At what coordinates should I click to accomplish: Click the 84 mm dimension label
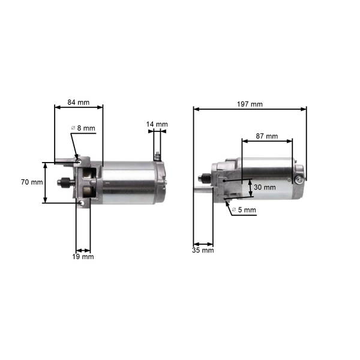click(78, 103)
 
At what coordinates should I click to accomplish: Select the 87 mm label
click(267, 136)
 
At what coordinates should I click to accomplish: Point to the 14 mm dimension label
click(157, 124)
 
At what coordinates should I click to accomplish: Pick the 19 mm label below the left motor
click(83, 257)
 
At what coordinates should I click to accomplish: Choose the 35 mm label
click(203, 250)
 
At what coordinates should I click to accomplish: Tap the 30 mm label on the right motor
click(265, 187)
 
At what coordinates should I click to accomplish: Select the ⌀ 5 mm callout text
click(244, 210)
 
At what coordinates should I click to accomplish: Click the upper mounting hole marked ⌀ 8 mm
click(77, 160)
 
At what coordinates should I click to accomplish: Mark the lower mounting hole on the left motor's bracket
click(80, 203)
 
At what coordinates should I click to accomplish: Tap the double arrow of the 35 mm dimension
click(203, 244)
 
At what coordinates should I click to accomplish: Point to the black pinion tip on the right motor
click(202, 177)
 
